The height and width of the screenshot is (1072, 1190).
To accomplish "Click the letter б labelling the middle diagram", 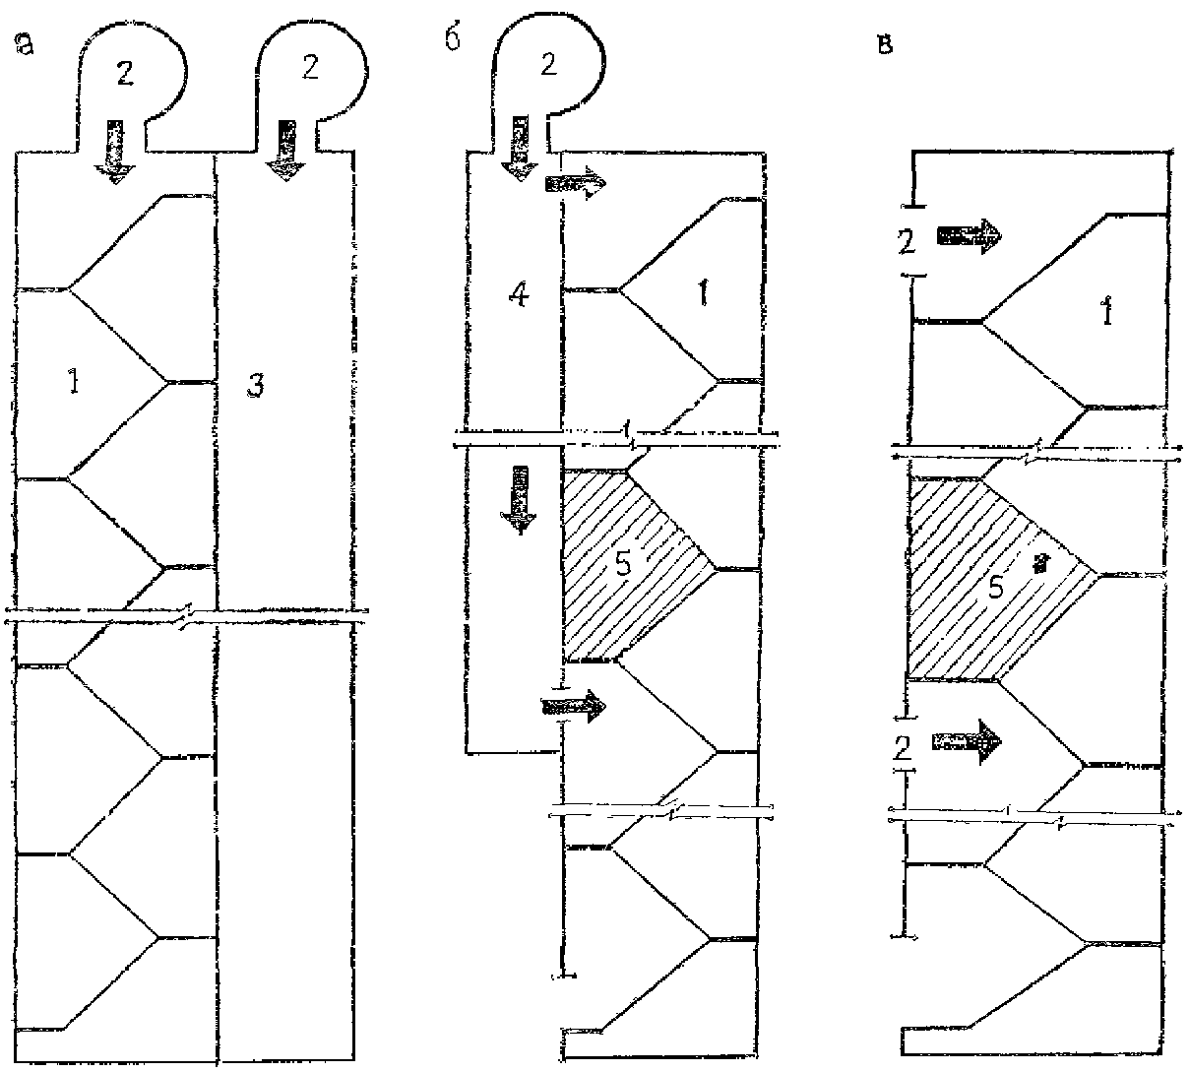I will [x=453, y=44].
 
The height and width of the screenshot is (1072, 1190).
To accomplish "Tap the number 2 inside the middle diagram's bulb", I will [x=548, y=65].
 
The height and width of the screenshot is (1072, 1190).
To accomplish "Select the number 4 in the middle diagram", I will [x=519, y=294].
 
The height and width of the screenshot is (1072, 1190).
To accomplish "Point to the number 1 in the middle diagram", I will [x=702, y=294].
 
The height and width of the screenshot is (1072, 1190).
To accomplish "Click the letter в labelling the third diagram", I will [x=884, y=45].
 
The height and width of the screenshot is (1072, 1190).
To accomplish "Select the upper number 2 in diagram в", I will [x=906, y=239].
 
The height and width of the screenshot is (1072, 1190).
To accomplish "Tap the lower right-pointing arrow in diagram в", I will [x=968, y=740].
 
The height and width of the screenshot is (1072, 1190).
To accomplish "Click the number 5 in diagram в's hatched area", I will [x=995, y=588].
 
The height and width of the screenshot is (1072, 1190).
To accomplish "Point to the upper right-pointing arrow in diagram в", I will [x=968, y=235].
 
